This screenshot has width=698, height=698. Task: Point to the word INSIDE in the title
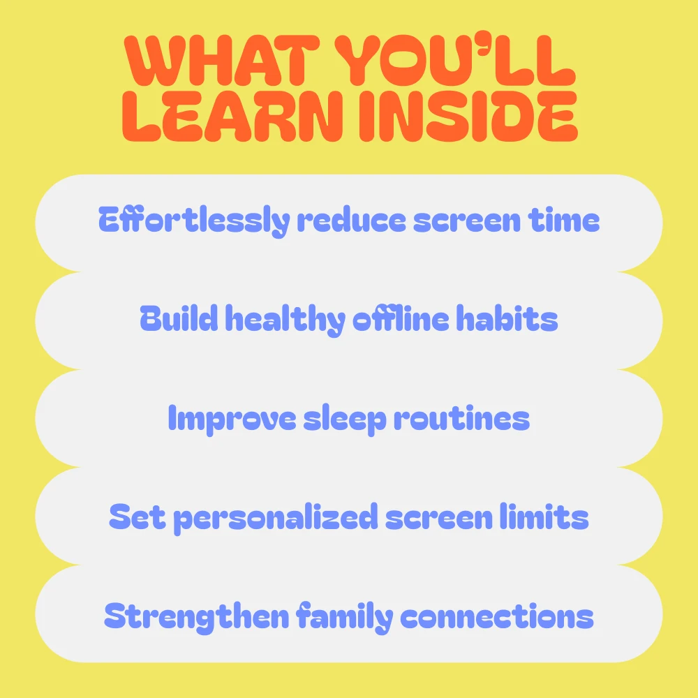(468, 117)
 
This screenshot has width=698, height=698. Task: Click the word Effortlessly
(194, 221)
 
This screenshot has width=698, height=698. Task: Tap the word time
(563, 220)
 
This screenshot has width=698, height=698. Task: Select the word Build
(179, 318)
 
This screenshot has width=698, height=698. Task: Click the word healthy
(285, 320)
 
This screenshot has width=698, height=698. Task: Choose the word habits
(507, 318)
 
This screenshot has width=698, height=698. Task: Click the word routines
(461, 418)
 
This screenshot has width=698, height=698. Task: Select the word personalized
(276, 518)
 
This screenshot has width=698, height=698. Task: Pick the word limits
(544, 517)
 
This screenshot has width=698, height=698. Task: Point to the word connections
(497, 616)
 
